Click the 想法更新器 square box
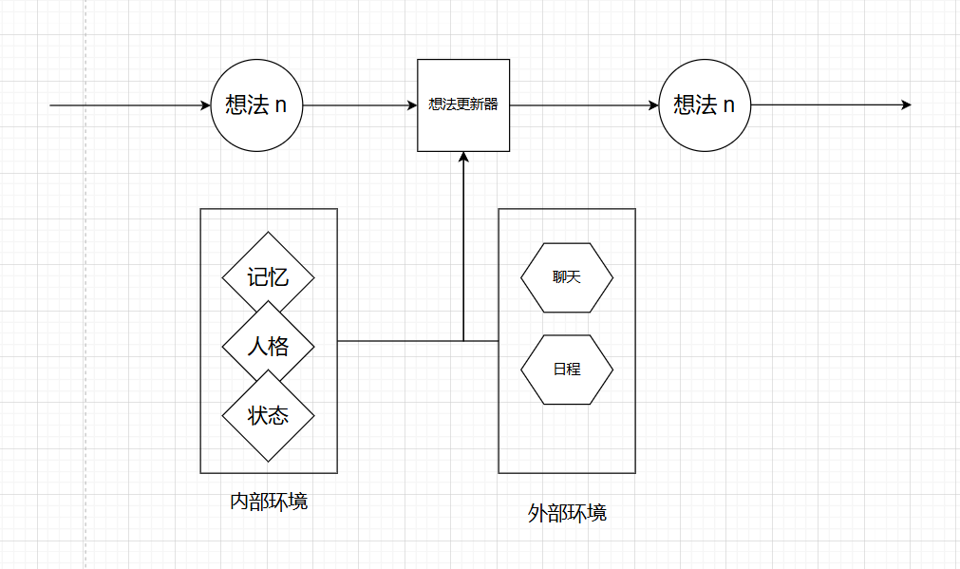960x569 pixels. [463, 104]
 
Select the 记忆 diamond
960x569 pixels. [268, 277]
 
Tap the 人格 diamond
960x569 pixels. [268, 347]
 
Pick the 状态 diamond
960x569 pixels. [268, 416]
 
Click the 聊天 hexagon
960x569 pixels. [567, 277]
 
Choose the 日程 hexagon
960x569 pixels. [567, 370]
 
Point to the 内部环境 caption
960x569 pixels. [269, 501]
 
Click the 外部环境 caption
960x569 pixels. [567, 514]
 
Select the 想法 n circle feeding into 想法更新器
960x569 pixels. [256, 104]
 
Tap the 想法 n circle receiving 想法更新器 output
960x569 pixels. [705, 104]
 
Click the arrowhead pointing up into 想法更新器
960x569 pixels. [463, 158]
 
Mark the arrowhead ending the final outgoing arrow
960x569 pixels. [906, 104]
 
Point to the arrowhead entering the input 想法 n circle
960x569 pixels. [205, 104]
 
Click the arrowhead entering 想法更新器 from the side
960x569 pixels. [411, 104]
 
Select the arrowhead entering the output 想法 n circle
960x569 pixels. [653, 104]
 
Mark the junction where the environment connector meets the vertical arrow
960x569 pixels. [463, 340]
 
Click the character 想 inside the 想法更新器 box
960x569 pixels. [434, 104]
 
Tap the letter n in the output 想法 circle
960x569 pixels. [729, 104]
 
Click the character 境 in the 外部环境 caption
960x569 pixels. [597, 514]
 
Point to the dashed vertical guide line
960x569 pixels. [85, 285]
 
